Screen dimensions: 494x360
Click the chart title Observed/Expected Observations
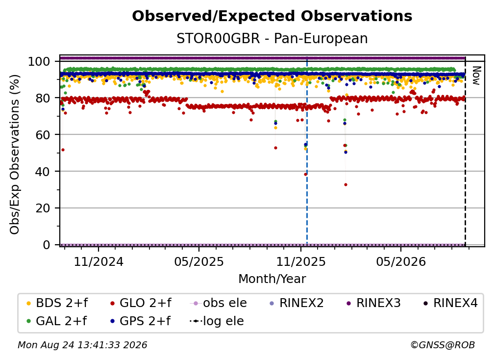[272, 16]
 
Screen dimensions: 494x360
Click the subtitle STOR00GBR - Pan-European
[272, 38]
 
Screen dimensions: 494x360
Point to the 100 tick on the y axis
[39, 61]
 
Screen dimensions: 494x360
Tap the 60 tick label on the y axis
[43, 134]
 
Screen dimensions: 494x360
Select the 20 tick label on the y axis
[43, 208]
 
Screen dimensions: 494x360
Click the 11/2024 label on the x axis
[99, 261]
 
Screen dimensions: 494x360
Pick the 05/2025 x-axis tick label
[199, 261]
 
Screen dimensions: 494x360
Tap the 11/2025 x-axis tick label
[301, 261]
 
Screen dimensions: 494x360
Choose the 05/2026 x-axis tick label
[401, 261]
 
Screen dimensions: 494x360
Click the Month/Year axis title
[272, 279]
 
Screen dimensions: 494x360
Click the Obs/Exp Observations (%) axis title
[15, 154]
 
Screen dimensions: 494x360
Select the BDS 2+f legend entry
[57, 303]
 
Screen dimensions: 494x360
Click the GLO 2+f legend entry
[141, 303]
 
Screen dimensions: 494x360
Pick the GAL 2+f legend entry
[57, 321]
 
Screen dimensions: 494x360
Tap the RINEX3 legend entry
[373, 303]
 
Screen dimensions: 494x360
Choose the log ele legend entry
[217, 321]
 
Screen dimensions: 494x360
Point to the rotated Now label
[476, 76]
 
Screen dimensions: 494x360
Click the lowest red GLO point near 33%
[346, 185]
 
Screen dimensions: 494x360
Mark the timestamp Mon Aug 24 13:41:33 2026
[82, 345]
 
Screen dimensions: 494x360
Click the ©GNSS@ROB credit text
[443, 345]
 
